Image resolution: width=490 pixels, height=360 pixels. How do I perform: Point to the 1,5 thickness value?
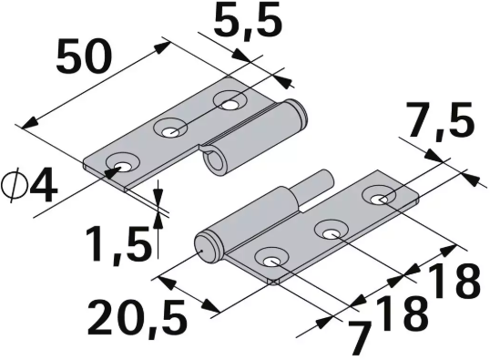click(117, 243)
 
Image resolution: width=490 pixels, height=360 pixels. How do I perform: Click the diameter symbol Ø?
click(15, 185)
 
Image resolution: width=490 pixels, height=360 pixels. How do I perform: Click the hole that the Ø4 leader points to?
click(119, 165)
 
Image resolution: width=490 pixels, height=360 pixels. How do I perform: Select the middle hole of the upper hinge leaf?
click(170, 130)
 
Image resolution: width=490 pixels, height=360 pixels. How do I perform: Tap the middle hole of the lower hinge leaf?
click(330, 231)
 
